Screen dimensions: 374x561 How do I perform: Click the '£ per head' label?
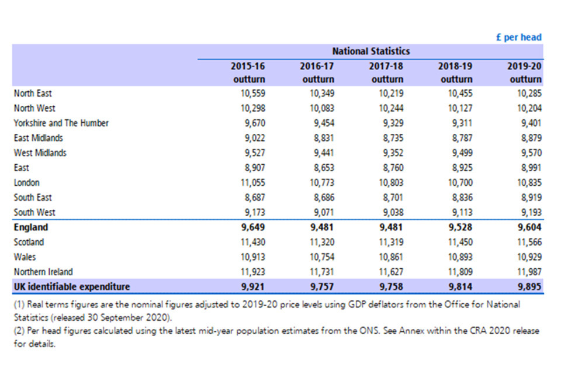(x=518, y=37)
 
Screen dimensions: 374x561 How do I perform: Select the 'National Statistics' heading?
(x=371, y=51)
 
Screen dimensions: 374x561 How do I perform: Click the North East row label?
(x=33, y=93)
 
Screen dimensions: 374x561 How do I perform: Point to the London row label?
(x=26, y=183)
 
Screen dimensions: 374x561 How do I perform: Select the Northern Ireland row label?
(x=43, y=272)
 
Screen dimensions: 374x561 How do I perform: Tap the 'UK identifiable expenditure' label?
(x=71, y=287)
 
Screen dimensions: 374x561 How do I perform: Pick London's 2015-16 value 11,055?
(x=252, y=183)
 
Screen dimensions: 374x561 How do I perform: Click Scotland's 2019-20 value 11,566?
(x=529, y=242)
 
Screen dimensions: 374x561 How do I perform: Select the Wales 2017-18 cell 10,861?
(x=391, y=257)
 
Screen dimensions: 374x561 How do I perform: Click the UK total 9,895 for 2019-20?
(x=529, y=287)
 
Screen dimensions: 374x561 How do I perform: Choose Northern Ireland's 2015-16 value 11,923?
(x=252, y=272)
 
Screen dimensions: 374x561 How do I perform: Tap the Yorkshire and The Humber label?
(x=61, y=123)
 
